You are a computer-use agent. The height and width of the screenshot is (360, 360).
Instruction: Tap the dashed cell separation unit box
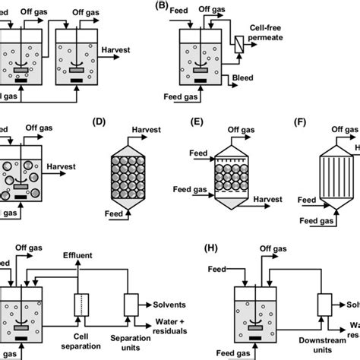pos(79,304)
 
